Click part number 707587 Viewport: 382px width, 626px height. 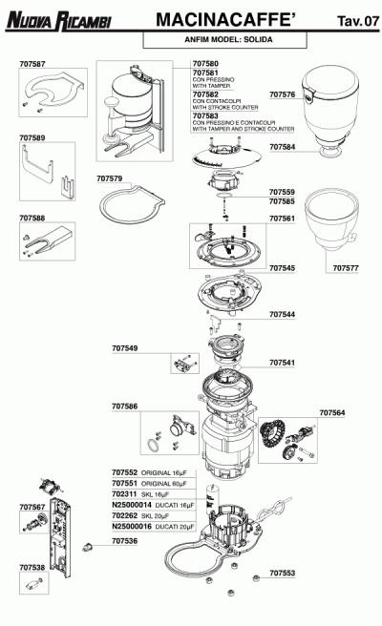[x=32, y=65]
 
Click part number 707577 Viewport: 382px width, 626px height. [x=346, y=269]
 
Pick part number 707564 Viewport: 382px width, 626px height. [x=332, y=412]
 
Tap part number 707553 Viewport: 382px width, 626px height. [x=282, y=574]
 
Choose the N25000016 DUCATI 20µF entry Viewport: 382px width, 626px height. [x=153, y=526]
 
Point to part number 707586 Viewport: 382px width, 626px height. [x=125, y=407]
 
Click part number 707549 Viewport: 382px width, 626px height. [x=125, y=348]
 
